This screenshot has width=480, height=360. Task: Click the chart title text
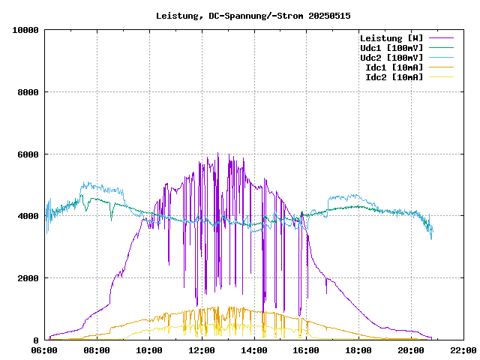point(253,15)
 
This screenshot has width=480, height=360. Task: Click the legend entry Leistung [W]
point(391,38)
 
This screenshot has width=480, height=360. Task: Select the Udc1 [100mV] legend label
point(391,48)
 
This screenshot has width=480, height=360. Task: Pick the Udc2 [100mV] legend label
point(391,58)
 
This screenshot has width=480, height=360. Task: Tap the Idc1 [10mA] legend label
point(394,67)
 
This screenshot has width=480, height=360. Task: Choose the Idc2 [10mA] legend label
point(394,77)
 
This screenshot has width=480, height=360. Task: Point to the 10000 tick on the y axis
point(25,30)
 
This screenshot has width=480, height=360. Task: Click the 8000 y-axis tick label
point(28,92)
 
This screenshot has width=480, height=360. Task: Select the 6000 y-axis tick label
point(28,154)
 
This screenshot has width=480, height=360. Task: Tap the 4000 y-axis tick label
point(28,216)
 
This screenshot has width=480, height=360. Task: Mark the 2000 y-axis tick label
point(28,278)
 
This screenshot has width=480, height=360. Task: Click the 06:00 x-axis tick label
point(45,350)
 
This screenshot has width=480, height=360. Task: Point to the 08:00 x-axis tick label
point(97,350)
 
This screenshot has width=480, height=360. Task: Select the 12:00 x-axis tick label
point(202,350)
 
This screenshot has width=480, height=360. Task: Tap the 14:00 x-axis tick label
point(254,350)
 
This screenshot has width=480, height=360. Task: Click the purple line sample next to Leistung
point(441,38)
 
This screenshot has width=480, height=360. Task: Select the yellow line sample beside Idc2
point(441,77)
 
